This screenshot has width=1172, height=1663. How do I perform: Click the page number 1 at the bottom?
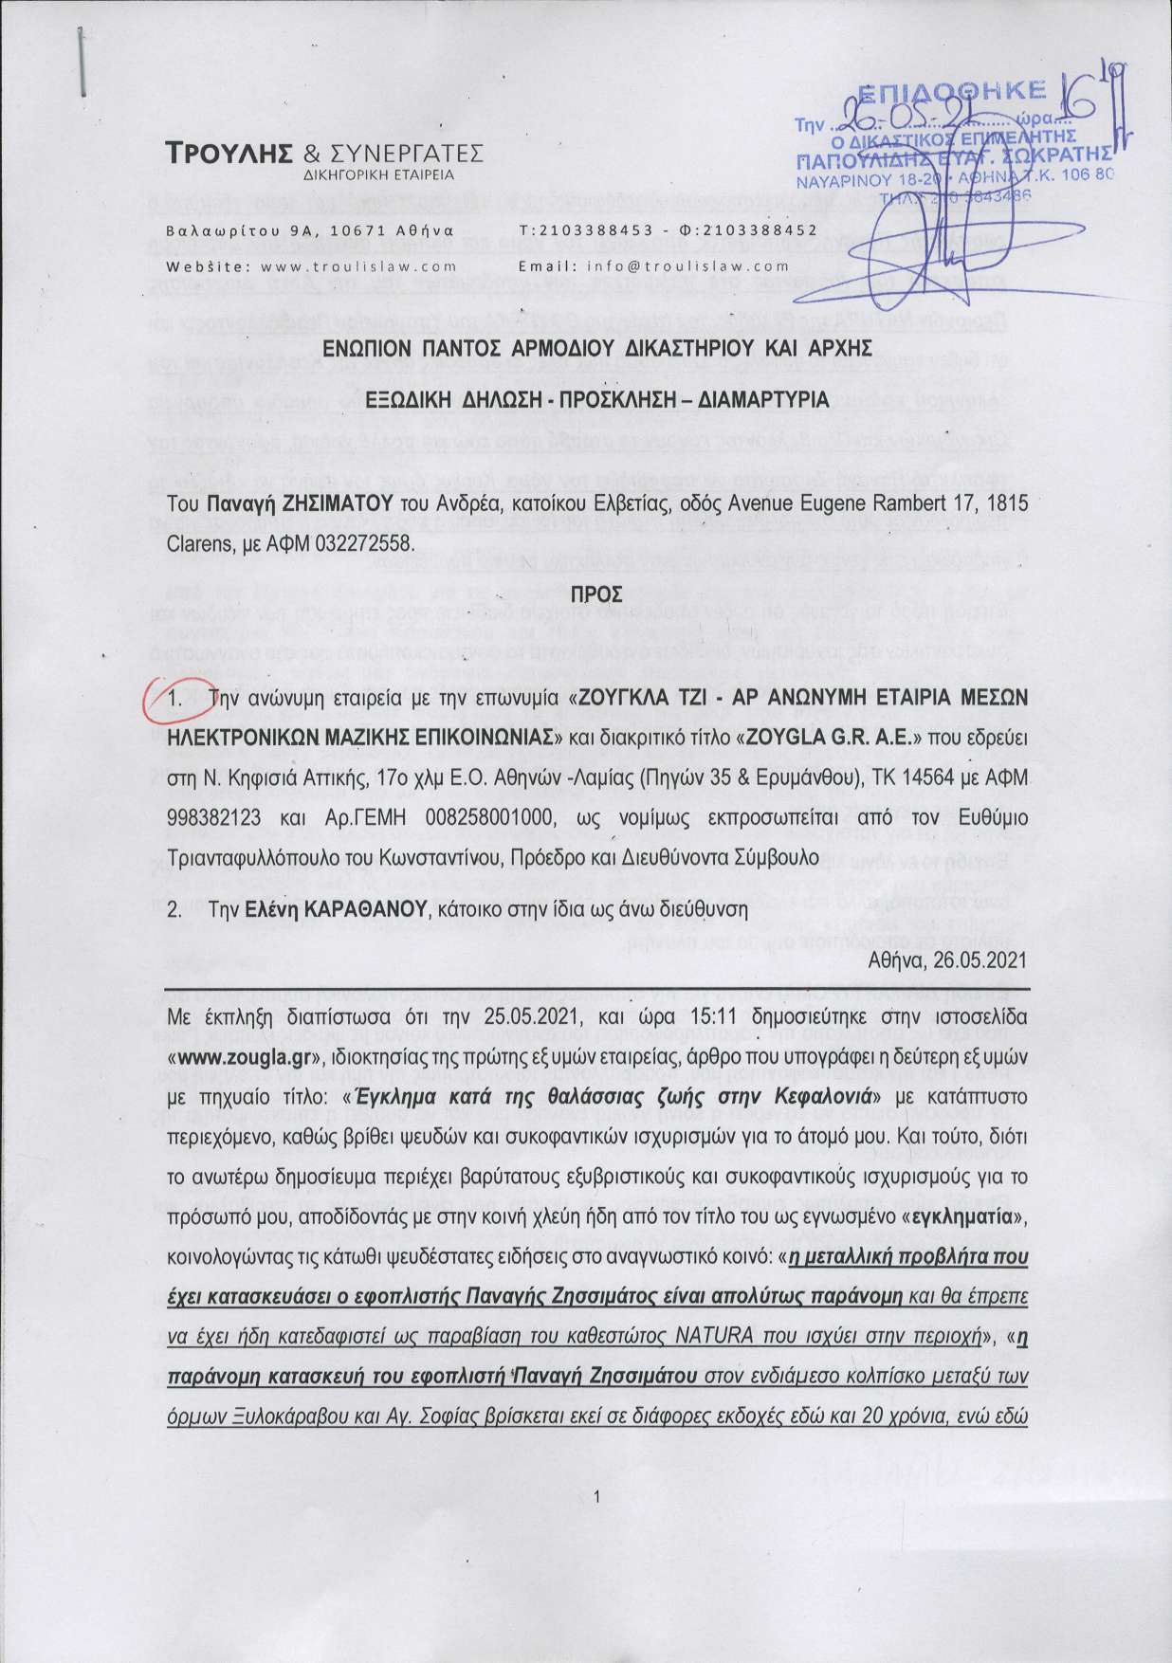tap(595, 1497)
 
